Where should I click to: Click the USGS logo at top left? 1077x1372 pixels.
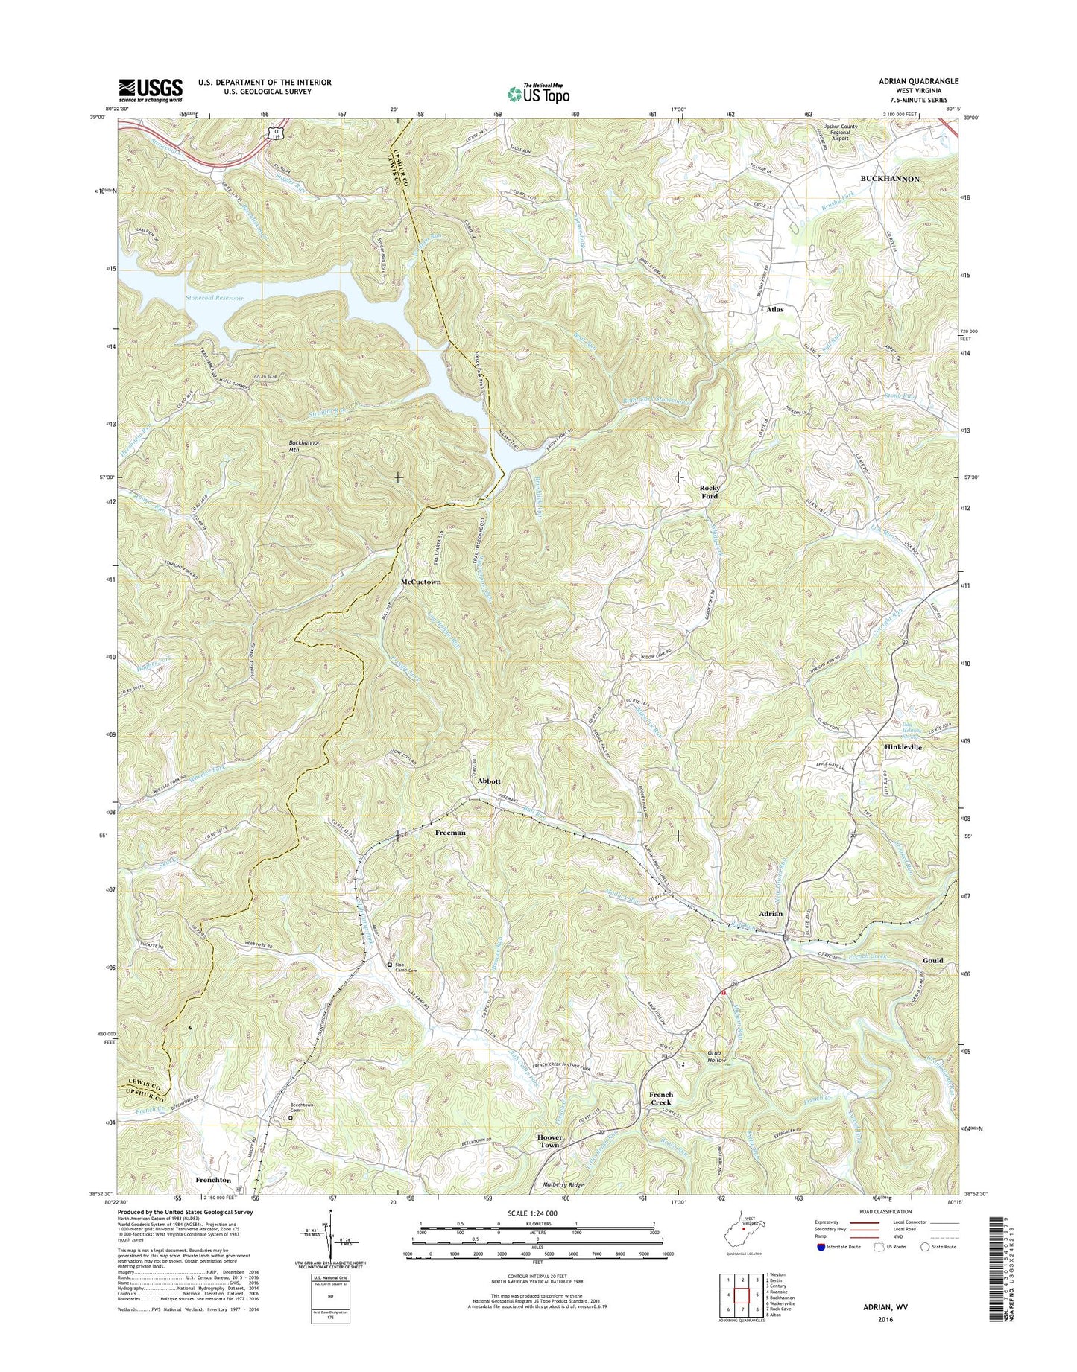point(150,90)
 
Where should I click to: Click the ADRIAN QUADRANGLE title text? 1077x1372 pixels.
point(920,81)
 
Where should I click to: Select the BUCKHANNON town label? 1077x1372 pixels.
point(890,179)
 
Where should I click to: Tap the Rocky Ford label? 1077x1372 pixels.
point(709,492)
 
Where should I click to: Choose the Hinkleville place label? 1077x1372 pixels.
point(903,746)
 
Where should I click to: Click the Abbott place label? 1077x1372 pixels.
point(488,781)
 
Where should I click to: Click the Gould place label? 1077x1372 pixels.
point(932,960)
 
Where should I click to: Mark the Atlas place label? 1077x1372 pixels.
point(775,308)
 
